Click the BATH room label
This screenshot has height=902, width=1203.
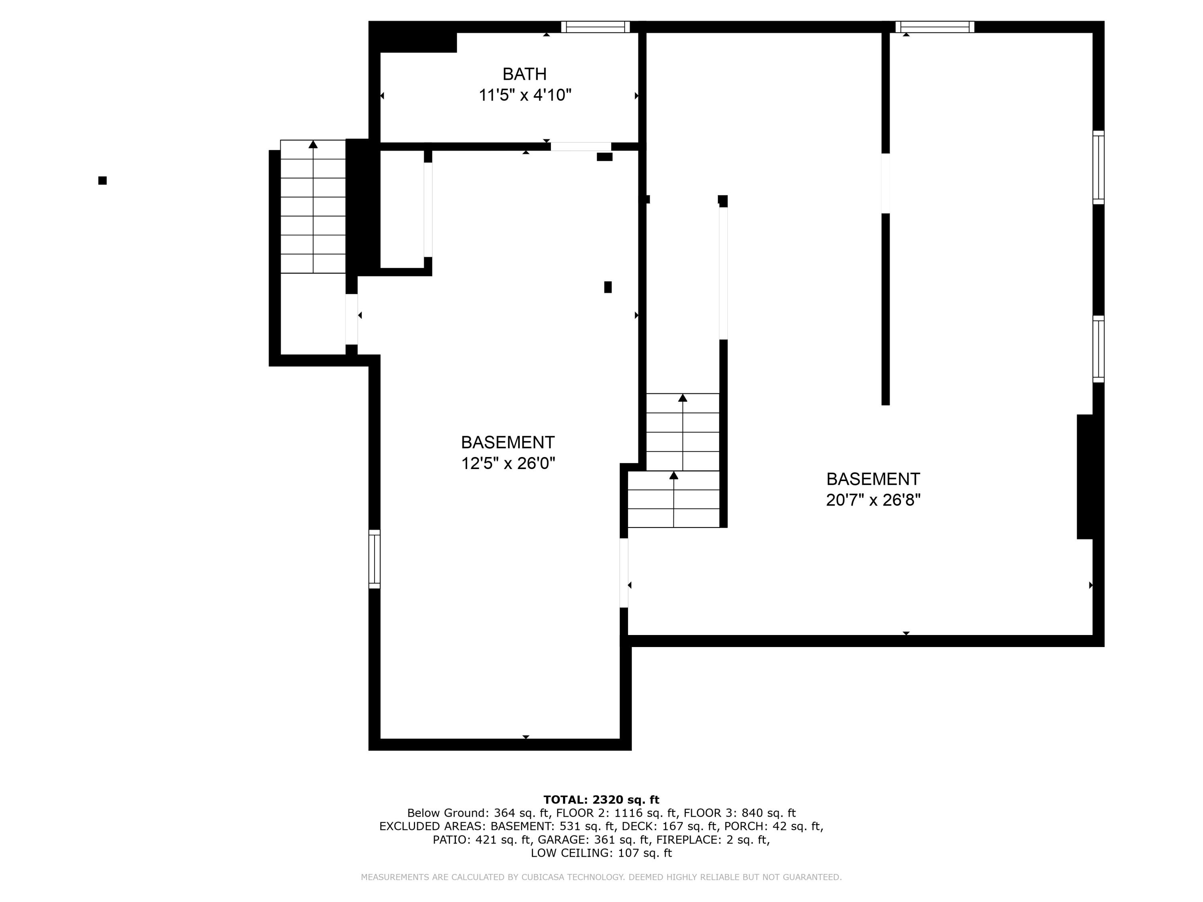pyautogui.click(x=524, y=74)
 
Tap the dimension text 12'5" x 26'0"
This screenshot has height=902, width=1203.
pyautogui.click(x=508, y=463)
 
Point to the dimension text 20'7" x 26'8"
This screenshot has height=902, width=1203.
pyautogui.click(x=873, y=500)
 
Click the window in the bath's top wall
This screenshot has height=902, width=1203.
pyautogui.click(x=595, y=26)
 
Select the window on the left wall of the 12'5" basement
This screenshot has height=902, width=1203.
pyautogui.click(x=374, y=559)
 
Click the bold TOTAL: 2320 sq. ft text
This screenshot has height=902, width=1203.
pyautogui.click(x=601, y=800)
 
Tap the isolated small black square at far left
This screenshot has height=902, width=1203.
pyautogui.click(x=102, y=180)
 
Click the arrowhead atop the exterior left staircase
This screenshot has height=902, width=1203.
pyautogui.click(x=313, y=144)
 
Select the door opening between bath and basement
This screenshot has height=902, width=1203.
pyautogui.click(x=581, y=146)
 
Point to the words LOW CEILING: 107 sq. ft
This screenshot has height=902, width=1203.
pyautogui.click(x=601, y=853)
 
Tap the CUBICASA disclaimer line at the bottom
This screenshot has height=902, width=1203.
pyautogui.click(x=601, y=877)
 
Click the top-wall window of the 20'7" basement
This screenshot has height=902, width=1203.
pyautogui.click(x=934, y=26)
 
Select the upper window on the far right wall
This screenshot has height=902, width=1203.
pyautogui.click(x=1099, y=168)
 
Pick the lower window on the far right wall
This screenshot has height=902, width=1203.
pyautogui.click(x=1099, y=349)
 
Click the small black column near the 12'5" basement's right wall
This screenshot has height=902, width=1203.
pyautogui.click(x=608, y=287)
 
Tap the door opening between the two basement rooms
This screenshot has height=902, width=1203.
pyautogui.click(x=624, y=572)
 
